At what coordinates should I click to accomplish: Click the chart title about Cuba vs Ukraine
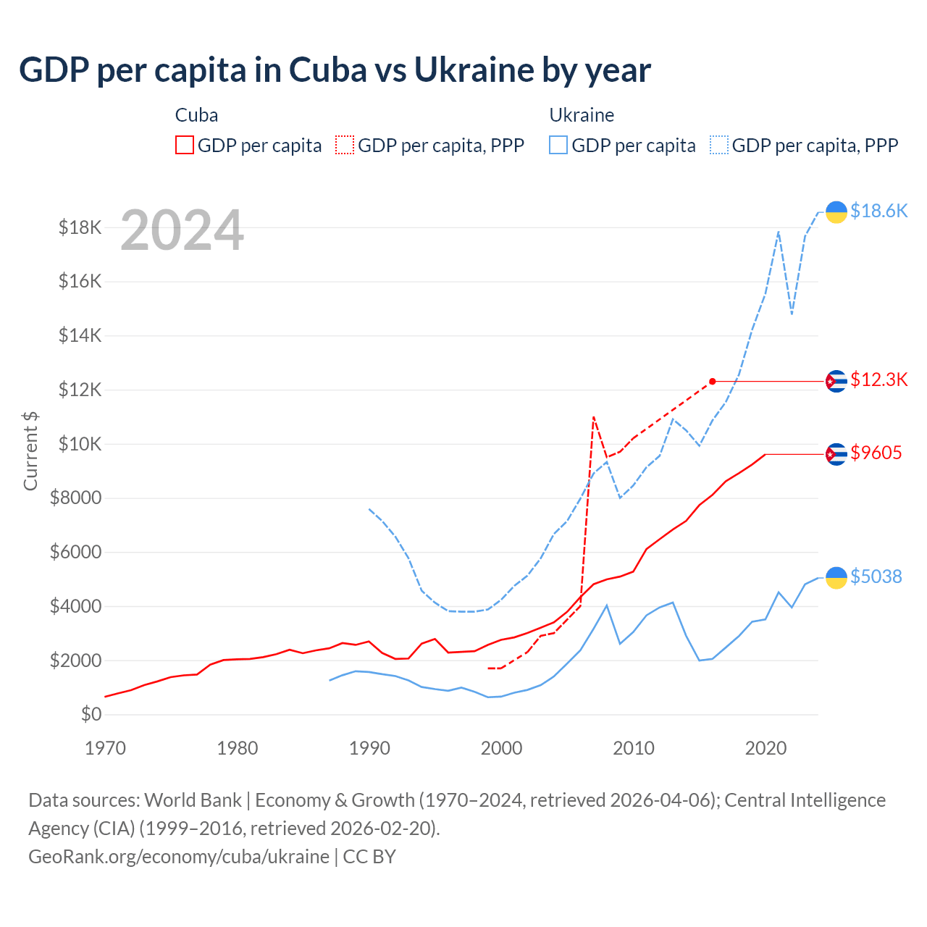point(335,70)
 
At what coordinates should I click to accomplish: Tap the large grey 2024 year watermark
point(182,230)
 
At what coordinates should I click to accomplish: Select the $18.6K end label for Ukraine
point(878,211)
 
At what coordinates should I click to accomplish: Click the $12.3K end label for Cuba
point(878,379)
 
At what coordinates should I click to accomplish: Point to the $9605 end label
point(876,453)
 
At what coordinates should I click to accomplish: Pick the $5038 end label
point(876,576)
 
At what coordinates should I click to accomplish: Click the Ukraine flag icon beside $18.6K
point(836,211)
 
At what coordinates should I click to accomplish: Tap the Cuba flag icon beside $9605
point(836,454)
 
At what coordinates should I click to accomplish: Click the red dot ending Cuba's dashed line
point(713,382)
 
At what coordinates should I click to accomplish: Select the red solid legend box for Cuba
point(185,146)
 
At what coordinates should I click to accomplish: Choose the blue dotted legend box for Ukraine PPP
point(719,146)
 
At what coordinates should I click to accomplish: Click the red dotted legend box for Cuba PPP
point(345,146)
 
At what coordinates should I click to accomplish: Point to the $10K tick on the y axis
point(80,444)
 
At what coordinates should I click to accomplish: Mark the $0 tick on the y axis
point(91,715)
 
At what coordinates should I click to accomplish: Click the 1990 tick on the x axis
point(369,748)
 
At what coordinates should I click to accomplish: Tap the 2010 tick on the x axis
point(634,748)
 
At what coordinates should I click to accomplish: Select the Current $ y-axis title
point(30,450)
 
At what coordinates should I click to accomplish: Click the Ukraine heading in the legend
point(582,115)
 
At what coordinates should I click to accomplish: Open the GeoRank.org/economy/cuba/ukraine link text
point(179,857)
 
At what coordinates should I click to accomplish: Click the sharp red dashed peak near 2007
point(594,417)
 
